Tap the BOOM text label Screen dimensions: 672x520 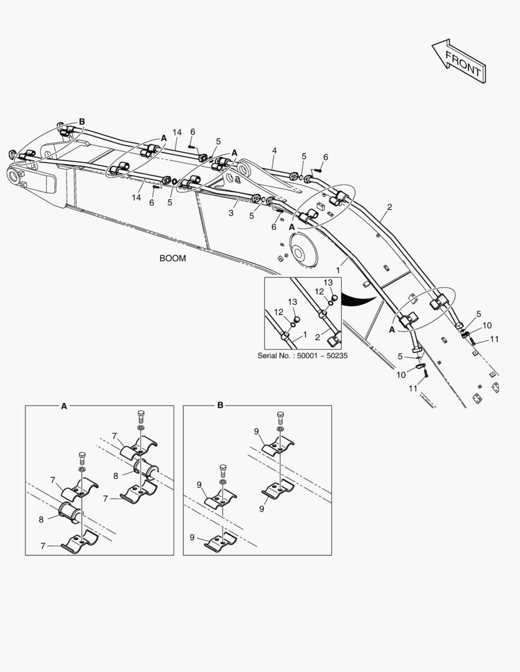point(173,258)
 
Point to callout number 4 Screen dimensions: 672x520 point(274,151)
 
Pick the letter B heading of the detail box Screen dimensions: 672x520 point(220,406)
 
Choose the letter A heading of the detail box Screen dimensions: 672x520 point(64,406)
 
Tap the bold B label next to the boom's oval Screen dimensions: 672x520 point(82,122)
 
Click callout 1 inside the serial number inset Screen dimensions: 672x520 point(305,335)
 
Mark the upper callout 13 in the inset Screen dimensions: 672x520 point(328,282)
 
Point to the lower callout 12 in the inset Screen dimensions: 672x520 point(279,312)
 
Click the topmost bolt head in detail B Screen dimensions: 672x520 point(280,416)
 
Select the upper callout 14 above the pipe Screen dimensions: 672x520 point(177,133)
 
